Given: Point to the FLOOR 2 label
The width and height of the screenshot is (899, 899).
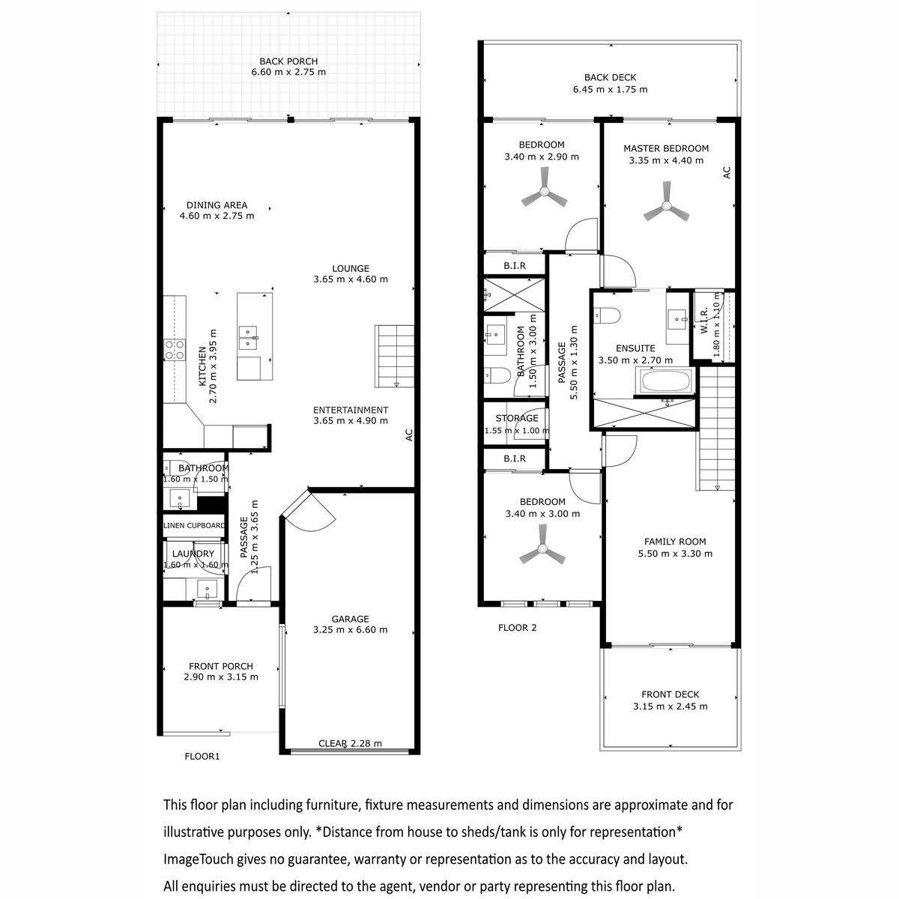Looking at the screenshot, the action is (517, 628).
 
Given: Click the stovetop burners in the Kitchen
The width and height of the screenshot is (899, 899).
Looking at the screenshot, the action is (175, 350).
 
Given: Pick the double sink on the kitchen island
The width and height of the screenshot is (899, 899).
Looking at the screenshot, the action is (249, 337).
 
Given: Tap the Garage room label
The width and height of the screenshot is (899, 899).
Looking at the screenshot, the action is (350, 619).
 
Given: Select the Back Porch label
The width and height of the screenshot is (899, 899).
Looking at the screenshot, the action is (288, 61).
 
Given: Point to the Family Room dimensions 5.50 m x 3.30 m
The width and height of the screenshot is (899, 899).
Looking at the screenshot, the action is (675, 554).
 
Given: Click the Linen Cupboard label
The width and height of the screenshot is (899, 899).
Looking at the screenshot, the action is (194, 525).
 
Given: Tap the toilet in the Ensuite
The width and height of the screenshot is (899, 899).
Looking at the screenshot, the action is (607, 315).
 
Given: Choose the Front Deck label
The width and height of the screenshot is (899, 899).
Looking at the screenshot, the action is (670, 694).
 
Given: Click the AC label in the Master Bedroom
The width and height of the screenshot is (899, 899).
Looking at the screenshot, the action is (727, 172).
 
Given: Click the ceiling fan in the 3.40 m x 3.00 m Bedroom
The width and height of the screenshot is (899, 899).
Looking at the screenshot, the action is (542, 548).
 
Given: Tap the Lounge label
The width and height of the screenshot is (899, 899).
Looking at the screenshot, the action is (351, 268).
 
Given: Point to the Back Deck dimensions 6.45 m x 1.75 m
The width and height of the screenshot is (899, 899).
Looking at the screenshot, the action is (611, 89).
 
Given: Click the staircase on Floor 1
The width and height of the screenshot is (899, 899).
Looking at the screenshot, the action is (395, 356).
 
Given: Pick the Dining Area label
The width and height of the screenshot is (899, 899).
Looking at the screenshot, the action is (217, 205).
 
